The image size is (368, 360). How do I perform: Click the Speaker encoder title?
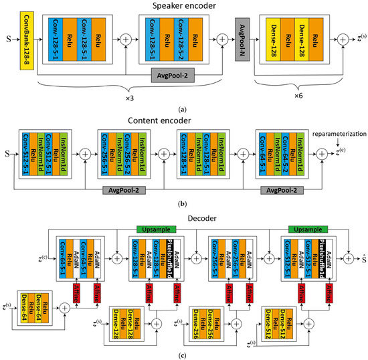click(x=184, y=6)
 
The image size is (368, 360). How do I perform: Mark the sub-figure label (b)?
click(x=184, y=205)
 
